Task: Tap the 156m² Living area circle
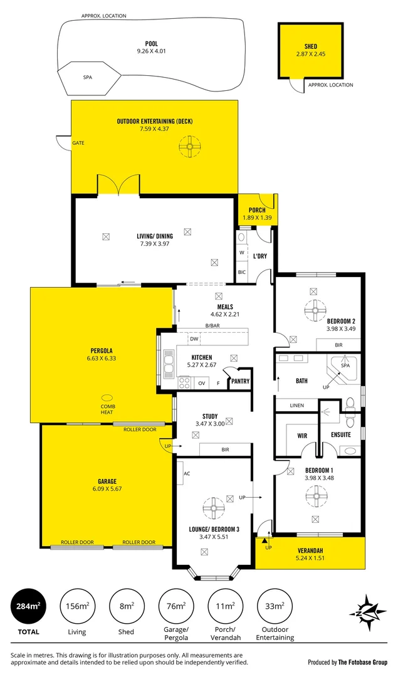tap(77, 606)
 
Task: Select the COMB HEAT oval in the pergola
tap(108, 398)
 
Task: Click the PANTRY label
tap(240, 381)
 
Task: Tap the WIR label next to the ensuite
tap(293, 434)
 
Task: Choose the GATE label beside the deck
tap(78, 143)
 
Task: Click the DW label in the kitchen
tap(194, 338)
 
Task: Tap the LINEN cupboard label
tap(296, 406)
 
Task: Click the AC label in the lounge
tap(186, 473)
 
